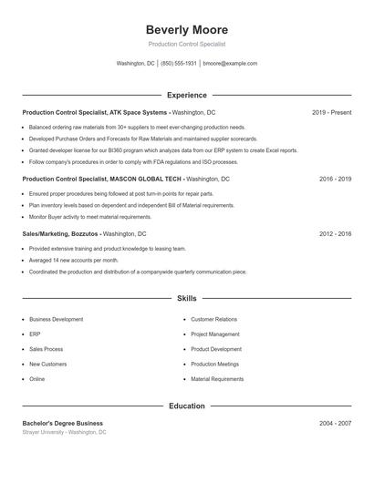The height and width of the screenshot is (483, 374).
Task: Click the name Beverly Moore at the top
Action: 187,30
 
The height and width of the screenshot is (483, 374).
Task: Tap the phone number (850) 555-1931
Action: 180,64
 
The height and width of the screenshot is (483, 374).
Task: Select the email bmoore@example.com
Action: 230,64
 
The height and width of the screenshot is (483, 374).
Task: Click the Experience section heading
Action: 187,95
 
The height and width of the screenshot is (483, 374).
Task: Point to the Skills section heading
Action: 187,298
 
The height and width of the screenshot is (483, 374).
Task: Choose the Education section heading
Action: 187,406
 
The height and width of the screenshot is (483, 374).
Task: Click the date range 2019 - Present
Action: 331,112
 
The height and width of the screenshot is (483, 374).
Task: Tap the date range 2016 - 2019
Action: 335,180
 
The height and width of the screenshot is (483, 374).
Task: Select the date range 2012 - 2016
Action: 335,234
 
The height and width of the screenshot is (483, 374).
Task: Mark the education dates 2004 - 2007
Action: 335,423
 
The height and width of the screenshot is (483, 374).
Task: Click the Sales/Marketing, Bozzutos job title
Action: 59,234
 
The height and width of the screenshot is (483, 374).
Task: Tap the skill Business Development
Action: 56,320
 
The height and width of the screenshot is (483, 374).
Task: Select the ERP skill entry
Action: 36,334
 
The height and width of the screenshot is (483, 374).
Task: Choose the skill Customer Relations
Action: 213,320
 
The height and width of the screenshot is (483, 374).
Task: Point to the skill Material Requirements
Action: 217,379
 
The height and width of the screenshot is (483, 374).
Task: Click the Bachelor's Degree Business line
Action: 62,423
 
